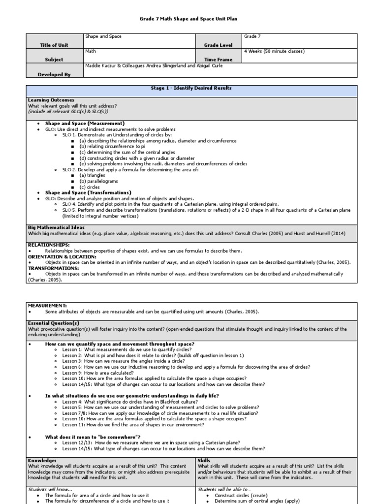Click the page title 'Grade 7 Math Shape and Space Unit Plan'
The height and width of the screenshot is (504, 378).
click(189, 19)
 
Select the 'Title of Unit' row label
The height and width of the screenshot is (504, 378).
click(55, 45)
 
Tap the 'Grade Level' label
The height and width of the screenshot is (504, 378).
click(218, 45)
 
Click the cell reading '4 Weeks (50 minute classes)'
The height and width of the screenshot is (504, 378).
click(274, 51)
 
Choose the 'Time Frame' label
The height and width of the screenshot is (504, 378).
click(219, 60)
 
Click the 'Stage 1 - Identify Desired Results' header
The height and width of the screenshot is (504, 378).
click(191, 88)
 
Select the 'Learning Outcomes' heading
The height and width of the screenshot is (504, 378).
click(51, 100)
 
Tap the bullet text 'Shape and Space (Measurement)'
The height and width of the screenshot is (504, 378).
click(85, 123)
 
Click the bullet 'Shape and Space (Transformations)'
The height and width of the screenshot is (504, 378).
click(88, 192)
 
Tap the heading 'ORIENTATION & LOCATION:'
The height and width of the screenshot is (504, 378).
click(62, 256)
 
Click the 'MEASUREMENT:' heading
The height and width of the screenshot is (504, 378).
click(47, 306)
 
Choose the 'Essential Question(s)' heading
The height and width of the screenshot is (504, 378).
click(54, 323)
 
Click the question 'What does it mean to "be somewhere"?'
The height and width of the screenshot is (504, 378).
click(93, 437)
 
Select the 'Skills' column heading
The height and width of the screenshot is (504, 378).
click(204, 460)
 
